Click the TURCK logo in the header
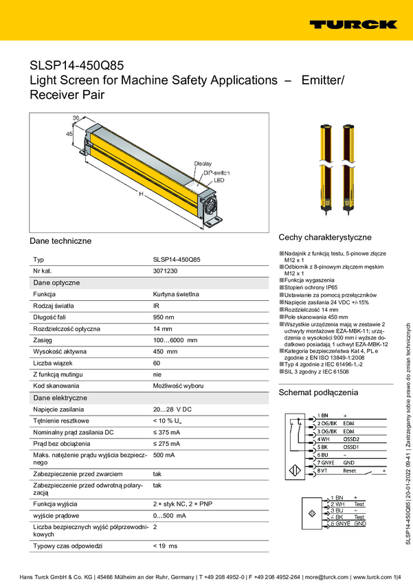coord(353,25)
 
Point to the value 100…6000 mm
coord(175,340)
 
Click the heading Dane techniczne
coord(60,241)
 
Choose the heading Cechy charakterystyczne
coord(325,236)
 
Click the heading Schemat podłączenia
coord(318,392)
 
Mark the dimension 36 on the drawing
coord(76,117)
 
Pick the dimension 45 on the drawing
coord(69,135)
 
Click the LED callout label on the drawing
coord(219,180)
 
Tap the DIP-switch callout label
coord(216,172)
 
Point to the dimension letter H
coord(141,194)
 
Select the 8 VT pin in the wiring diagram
coord(324,471)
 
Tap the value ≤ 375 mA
coord(166,432)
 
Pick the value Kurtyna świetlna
coord(176,294)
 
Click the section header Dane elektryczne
coord(60,398)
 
